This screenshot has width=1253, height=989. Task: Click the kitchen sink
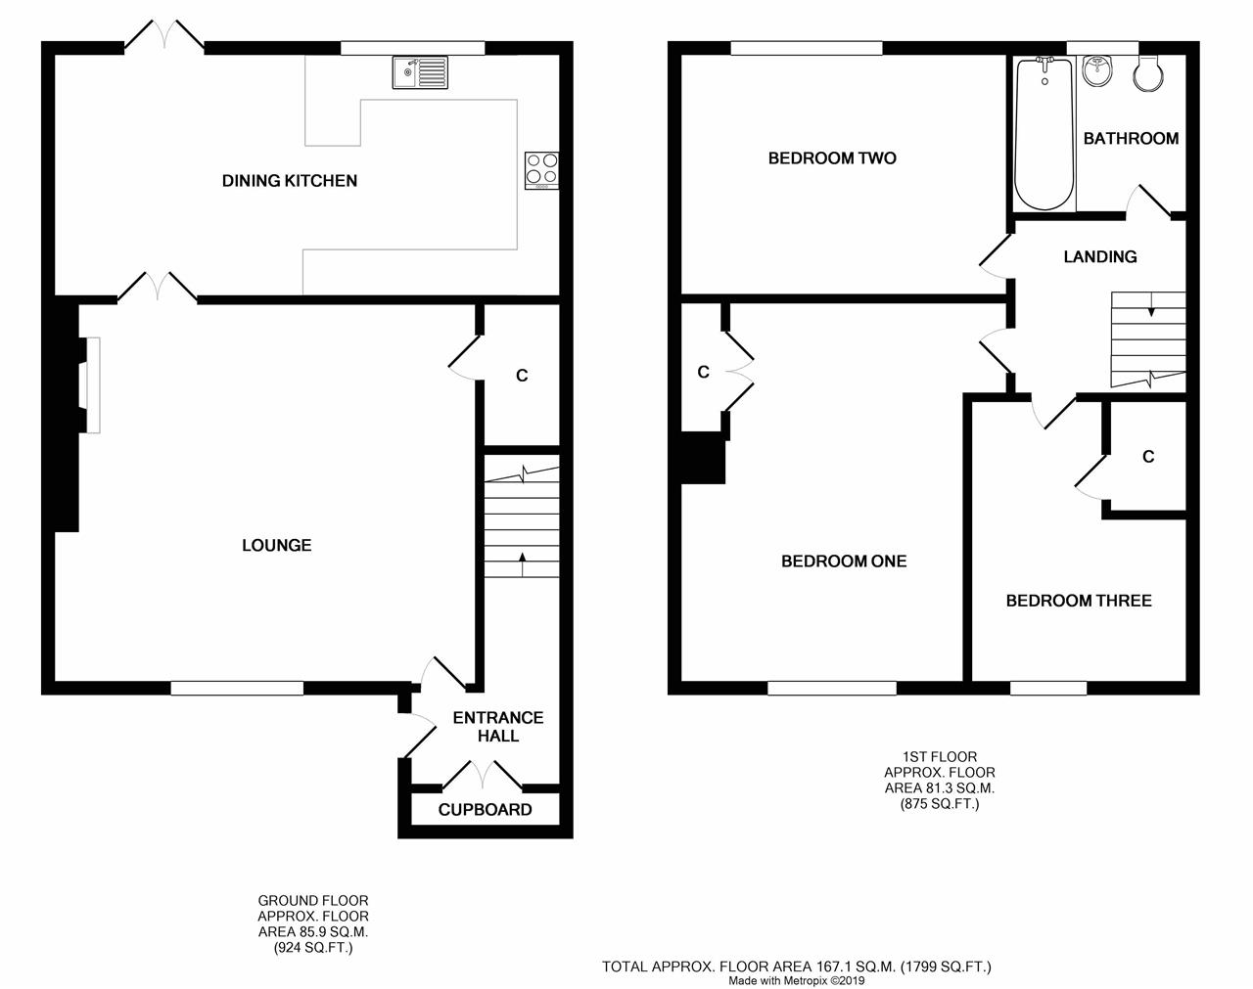coord(420,72)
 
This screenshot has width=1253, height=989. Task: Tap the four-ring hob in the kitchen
coord(541,170)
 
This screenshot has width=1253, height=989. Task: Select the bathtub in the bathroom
coord(1044,134)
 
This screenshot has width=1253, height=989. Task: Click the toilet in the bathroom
coord(1148,73)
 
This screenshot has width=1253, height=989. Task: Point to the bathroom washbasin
coord(1097,70)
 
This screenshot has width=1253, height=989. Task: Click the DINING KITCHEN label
coord(290,181)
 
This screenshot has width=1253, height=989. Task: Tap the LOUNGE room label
coord(277,545)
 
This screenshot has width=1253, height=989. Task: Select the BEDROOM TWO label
coord(832,158)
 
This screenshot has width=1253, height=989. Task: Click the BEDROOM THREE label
coord(1079,601)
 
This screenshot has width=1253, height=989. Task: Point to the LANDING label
coord(1100,256)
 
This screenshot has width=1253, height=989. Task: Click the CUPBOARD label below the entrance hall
coord(485,810)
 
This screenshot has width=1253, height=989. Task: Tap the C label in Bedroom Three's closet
coord(1148,457)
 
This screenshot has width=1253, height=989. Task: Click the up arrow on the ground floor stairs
coord(523,564)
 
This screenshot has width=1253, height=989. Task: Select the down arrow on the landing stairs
coord(1151,304)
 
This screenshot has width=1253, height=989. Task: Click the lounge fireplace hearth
coord(93,385)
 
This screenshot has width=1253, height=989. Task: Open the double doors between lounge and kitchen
coord(158,288)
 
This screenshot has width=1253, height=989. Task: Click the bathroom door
coord(1148,202)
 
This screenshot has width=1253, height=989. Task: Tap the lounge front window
coord(237,689)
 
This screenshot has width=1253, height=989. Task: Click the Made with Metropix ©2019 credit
coord(797,981)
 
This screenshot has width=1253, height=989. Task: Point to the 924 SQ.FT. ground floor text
coord(313,948)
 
